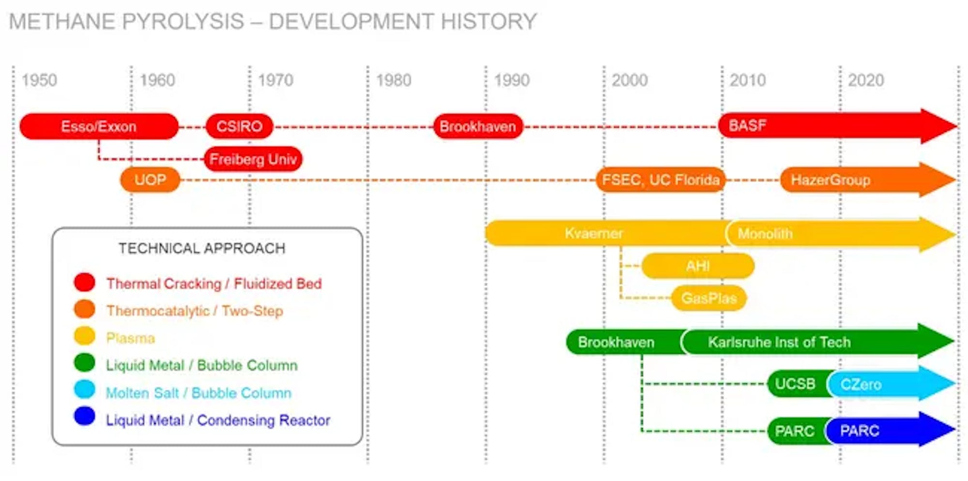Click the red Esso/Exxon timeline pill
pyautogui.click(x=99, y=126)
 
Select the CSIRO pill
pyautogui.click(x=240, y=126)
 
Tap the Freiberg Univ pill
pyautogui.click(x=253, y=159)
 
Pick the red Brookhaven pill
pyautogui.click(x=478, y=126)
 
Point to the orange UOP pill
pyautogui.click(x=150, y=180)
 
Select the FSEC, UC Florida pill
pyautogui.click(x=661, y=180)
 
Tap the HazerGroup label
pyautogui.click(x=831, y=180)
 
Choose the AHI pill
pyautogui.click(x=698, y=266)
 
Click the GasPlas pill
pyautogui.click(x=709, y=298)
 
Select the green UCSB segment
pyautogui.click(x=798, y=384)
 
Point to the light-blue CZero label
pyautogui.click(x=861, y=384)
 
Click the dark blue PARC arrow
pyautogui.click(x=891, y=430)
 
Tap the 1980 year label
pyautogui.click(x=393, y=80)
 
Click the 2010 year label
pyautogui.click(x=748, y=80)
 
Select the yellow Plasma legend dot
pyautogui.click(x=85, y=336)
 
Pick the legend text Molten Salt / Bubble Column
pyautogui.click(x=198, y=393)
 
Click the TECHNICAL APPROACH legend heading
pyautogui.click(x=202, y=248)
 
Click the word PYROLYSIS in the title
pyautogui.click(x=183, y=21)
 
